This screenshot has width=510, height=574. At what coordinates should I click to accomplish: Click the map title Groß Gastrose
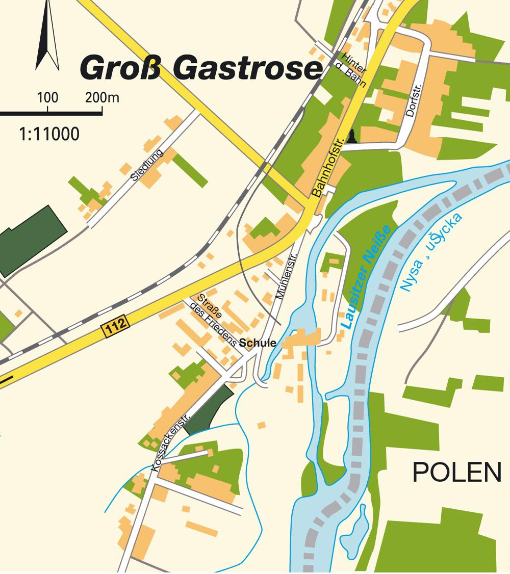point(201,68)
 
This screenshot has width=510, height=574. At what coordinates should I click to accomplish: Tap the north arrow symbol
point(46,38)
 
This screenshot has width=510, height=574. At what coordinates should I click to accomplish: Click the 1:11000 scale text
point(49,135)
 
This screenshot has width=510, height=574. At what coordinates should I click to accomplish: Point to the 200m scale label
point(102,97)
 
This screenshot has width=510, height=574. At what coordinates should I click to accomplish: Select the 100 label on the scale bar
point(47,97)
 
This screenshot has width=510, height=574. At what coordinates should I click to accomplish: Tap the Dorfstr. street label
point(411,100)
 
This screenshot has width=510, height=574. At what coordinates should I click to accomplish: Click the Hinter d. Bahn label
point(353,70)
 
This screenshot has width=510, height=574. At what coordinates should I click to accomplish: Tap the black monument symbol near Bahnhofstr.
point(352,136)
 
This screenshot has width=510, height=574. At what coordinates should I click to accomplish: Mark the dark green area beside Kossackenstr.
point(209,408)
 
